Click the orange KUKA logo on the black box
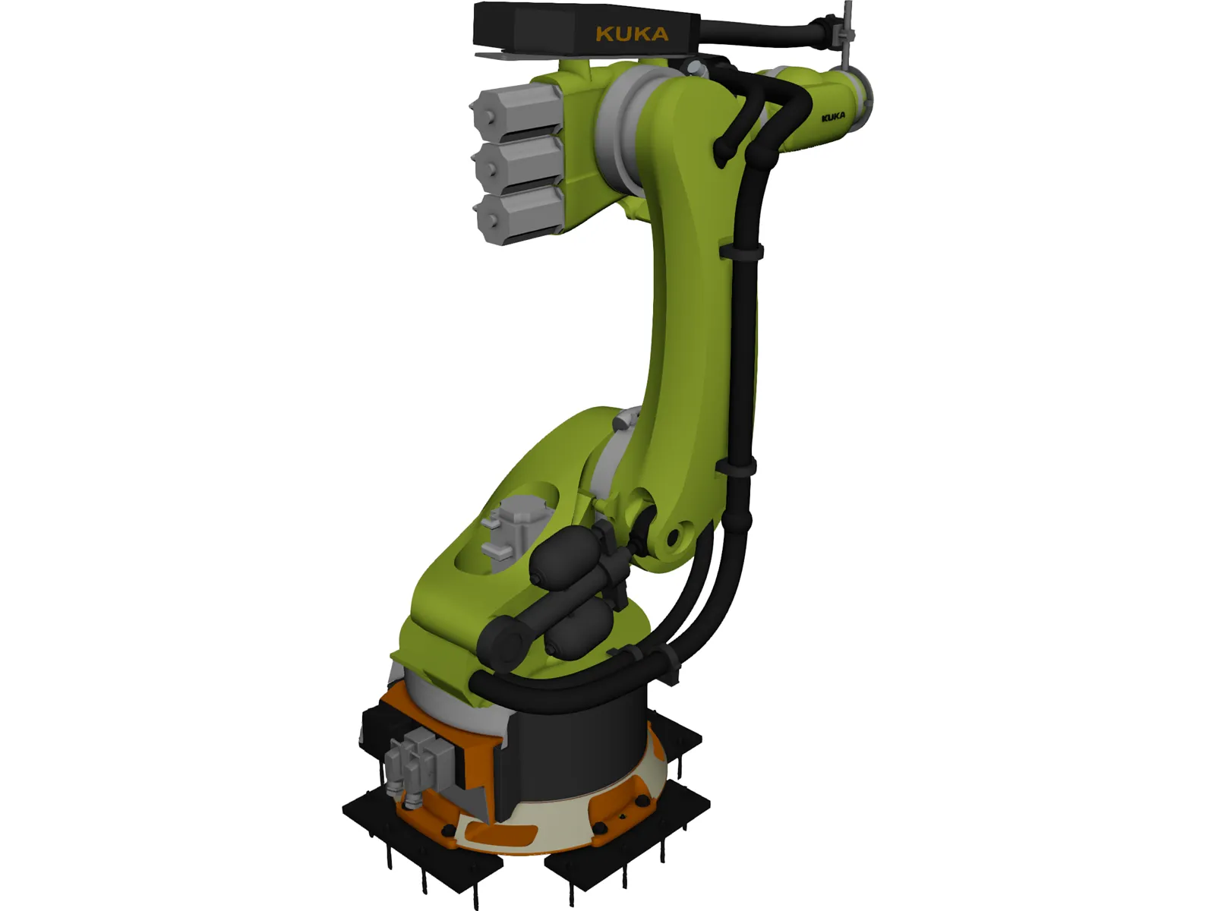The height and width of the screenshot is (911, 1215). tap(632, 34)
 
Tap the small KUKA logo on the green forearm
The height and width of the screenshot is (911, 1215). tap(833, 118)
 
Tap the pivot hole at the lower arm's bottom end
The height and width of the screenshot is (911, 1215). tap(672, 539)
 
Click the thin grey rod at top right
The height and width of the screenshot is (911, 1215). tap(847, 30)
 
